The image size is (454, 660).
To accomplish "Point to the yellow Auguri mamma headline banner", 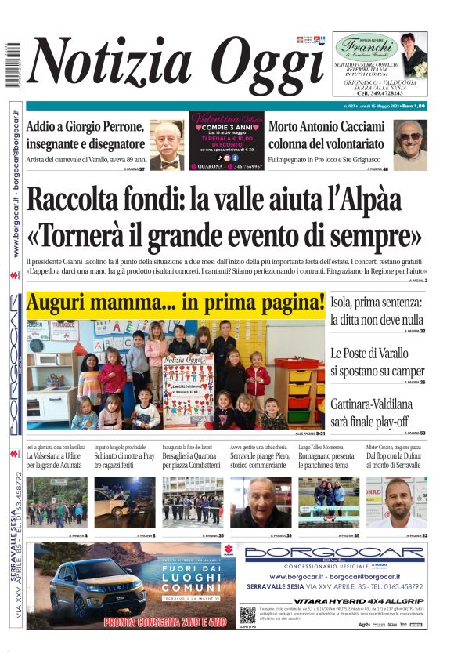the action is click(175, 303).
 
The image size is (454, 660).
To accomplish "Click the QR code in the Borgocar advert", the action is click(248, 615).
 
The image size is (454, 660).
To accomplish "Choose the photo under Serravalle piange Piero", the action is click(260, 502).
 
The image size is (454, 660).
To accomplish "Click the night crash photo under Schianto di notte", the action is click(124, 502).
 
